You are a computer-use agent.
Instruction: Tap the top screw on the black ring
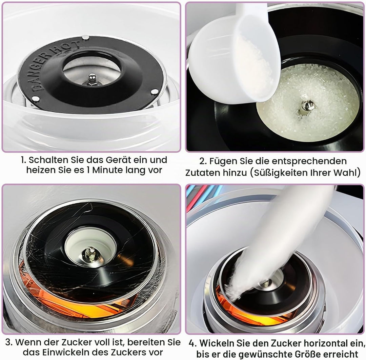(x=85, y=37)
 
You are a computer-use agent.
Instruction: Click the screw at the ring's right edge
(x=155, y=92)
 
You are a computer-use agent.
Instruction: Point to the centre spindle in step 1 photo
(x=92, y=79)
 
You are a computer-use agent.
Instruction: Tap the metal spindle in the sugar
(x=307, y=107)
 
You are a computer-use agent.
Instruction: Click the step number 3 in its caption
(x=8, y=342)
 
